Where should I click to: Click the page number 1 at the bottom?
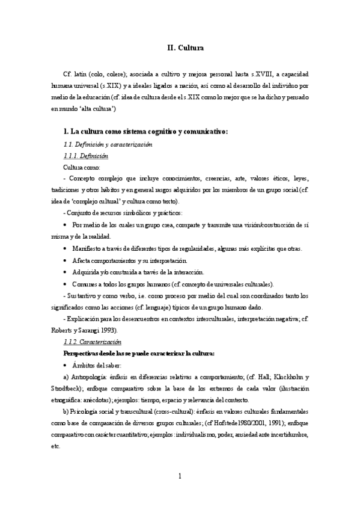pos(180,477)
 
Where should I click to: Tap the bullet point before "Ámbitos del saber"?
pos(65,365)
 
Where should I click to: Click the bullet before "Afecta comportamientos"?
pos(65,260)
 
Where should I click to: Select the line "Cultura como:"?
pos(82,167)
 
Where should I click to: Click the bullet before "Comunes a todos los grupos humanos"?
pos(65,284)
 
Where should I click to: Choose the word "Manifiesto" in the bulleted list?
pos(90,249)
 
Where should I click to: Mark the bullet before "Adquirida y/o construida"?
pos(65,272)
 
